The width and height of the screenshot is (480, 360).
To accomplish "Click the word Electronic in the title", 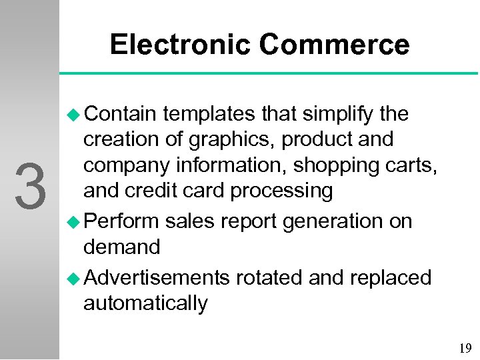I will pyautogui.click(x=181, y=45).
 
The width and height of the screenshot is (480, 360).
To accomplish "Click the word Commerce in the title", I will pyautogui.click(x=334, y=45).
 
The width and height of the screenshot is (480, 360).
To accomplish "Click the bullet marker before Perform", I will pyautogui.click(x=74, y=221).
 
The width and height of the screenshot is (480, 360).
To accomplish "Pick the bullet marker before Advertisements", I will pyautogui.click(x=74, y=277).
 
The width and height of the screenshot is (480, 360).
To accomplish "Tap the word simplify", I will pyautogui.click(x=340, y=115).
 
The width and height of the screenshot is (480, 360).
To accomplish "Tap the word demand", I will pyautogui.click(x=121, y=247).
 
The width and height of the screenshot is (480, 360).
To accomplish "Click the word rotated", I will pyautogui.click(x=271, y=277).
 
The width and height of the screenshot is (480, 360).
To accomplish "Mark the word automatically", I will pyautogui.click(x=145, y=303).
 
